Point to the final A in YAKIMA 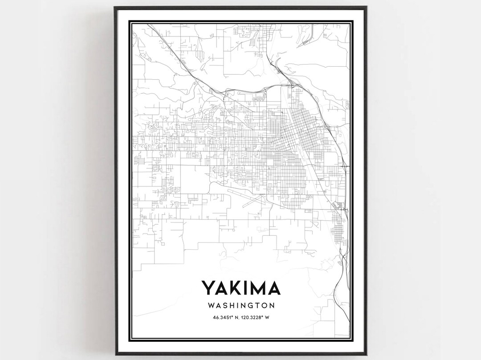point(274,288)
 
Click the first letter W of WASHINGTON point(211,306)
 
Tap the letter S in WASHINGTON point(225,306)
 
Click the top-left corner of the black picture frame point(114,7)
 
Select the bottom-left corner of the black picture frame point(114,355)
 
